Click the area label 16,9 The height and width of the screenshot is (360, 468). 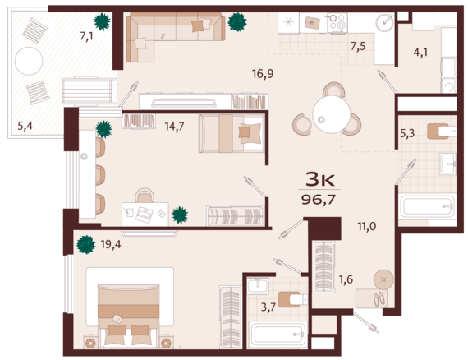(263, 73)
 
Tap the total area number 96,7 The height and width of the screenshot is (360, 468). (319, 199)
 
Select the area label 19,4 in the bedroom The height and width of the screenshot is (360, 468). (111, 244)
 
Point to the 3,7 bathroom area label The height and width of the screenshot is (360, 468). (268, 307)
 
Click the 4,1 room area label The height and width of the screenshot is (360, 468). (420, 53)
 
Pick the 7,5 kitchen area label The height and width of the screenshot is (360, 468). (358, 46)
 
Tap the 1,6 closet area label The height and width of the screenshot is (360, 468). (346, 279)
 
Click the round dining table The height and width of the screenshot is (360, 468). (332, 114)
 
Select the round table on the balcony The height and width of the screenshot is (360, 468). (29, 61)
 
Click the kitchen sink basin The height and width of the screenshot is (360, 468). (384, 22)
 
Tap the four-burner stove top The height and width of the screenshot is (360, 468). (337, 22)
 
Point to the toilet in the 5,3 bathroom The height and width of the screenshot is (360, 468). (441, 132)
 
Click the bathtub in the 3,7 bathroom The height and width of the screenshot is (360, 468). (278, 335)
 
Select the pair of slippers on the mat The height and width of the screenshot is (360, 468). (379, 298)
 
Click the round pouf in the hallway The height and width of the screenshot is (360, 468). (383, 279)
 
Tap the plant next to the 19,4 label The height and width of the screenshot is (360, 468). (86, 244)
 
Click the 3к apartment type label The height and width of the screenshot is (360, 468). (319, 179)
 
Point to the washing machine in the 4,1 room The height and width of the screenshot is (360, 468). (448, 85)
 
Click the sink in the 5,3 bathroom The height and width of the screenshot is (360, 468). (447, 164)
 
